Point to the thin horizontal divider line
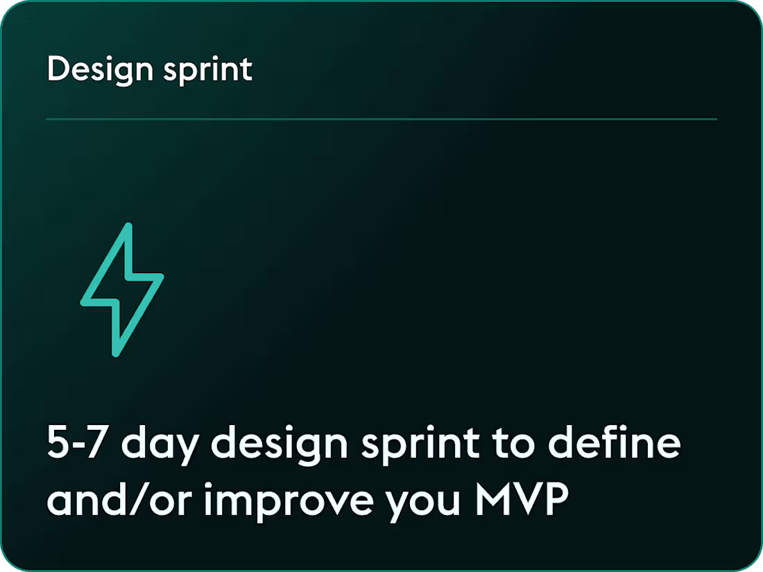[x=381, y=119]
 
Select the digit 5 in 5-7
[x=58, y=444]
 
